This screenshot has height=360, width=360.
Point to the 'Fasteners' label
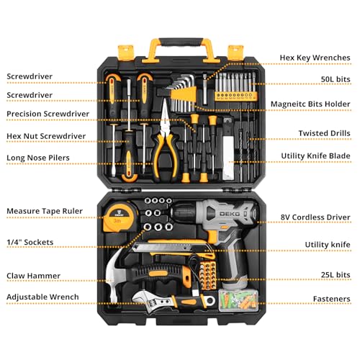pos(330,297)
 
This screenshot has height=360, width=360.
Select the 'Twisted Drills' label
pos(325,133)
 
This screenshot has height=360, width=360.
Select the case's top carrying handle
pos(179,44)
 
